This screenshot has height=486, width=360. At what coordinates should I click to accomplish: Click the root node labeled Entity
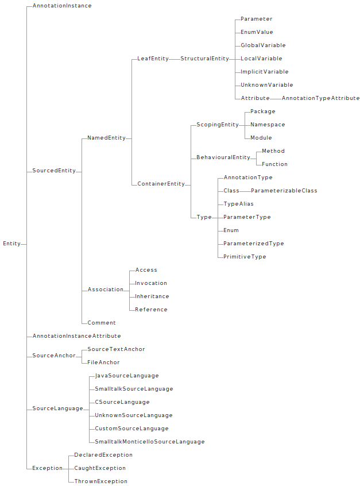pyautogui.click(x=11, y=244)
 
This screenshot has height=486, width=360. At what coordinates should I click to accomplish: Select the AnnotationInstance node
pyautogui.click(x=62, y=6)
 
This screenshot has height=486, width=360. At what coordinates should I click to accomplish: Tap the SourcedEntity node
pyautogui.click(x=54, y=171)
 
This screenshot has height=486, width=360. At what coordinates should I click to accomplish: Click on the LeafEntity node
pyautogui.click(x=153, y=59)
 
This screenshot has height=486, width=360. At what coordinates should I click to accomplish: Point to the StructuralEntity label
pyautogui.click(x=204, y=59)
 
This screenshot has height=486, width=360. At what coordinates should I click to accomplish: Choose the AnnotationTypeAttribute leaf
pyautogui.click(x=320, y=98)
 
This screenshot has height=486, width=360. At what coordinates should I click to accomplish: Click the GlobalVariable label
pyautogui.click(x=263, y=45)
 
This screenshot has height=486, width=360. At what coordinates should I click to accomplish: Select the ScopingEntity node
pyautogui.click(x=218, y=125)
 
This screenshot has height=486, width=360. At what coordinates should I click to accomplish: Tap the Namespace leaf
pyautogui.click(x=268, y=125)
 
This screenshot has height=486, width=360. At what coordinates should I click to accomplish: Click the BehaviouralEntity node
pyautogui.click(x=223, y=157)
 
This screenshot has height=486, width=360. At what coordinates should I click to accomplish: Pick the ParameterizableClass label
pyautogui.click(x=284, y=191)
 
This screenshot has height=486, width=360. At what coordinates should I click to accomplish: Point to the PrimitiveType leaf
pyautogui.click(x=245, y=257)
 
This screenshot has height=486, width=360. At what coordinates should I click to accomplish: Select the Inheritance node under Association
pyautogui.click(x=152, y=296)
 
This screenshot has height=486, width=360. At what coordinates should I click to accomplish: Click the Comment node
pyautogui.click(x=102, y=323)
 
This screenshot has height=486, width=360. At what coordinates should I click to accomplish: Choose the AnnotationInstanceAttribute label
pyautogui.click(x=76, y=336)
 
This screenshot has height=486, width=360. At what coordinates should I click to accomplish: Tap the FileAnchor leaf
pyautogui.click(x=103, y=362)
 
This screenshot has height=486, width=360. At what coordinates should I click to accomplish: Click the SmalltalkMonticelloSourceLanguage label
pyautogui.click(x=149, y=442)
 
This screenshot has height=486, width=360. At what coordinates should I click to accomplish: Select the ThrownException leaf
pyautogui.click(x=100, y=481)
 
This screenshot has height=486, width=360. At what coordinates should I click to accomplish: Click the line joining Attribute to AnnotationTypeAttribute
pyautogui.click(x=276, y=98)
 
